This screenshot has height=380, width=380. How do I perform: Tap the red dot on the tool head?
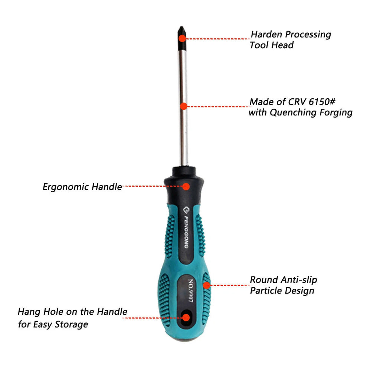(182, 38)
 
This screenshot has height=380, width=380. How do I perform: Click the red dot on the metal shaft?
(184, 106)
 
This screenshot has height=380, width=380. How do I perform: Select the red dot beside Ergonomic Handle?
(186, 186)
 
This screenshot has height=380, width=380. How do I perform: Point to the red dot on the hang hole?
(186, 318)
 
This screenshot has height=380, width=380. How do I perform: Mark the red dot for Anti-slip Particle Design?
(206, 285)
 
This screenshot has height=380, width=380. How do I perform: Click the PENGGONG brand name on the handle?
(186, 232)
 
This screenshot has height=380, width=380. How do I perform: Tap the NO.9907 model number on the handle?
(191, 290)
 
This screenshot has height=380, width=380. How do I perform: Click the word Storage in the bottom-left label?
(71, 325)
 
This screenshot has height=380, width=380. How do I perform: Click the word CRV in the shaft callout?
(297, 102)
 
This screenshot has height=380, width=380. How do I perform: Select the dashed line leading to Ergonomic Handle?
(153, 186)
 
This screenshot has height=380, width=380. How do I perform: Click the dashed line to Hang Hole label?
(153, 318)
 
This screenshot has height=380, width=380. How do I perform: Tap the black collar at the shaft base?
(184, 171)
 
